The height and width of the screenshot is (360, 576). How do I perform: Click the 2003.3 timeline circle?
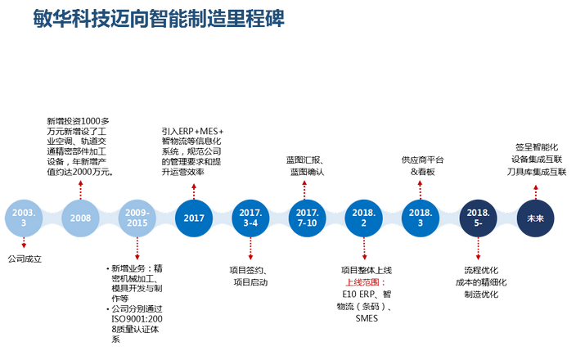(24, 218)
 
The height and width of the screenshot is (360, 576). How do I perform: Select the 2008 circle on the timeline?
(80, 218)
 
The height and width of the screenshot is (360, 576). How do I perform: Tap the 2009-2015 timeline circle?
(137, 218)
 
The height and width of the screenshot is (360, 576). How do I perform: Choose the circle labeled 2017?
(194, 218)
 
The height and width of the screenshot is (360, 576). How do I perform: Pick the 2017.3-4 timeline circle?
(250, 218)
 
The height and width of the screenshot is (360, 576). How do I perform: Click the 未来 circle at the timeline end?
(535, 218)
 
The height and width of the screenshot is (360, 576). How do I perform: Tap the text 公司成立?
(25, 259)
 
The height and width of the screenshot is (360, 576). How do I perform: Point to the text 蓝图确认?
(306, 171)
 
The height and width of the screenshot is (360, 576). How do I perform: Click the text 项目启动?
(250, 282)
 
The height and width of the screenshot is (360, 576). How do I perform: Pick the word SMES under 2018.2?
(366, 319)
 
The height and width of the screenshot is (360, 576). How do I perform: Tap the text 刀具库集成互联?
(536, 172)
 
